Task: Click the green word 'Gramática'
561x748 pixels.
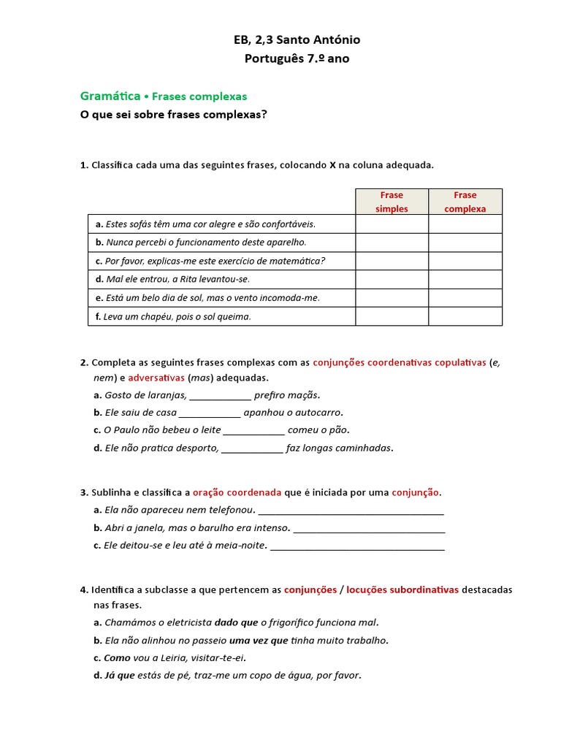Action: pyautogui.click(x=110, y=96)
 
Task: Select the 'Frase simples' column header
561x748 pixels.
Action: pyautogui.click(x=392, y=202)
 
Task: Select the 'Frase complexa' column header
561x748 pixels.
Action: pyautogui.click(x=465, y=202)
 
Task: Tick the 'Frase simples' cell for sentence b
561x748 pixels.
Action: pyautogui.click(x=392, y=243)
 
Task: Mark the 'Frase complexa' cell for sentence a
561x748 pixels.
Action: pyautogui.click(x=465, y=224)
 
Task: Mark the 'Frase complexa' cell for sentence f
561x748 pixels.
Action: pyautogui.click(x=465, y=316)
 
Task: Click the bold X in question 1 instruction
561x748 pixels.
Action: pyautogui.click(x=332, y=165)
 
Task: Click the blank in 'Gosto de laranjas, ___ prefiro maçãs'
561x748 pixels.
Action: pyautogui.click(x=220, y=395)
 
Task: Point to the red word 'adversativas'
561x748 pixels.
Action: pyautogui.click(x=156, y=378)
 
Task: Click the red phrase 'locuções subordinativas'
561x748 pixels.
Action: pyautogui.click(x=402, y=589)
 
